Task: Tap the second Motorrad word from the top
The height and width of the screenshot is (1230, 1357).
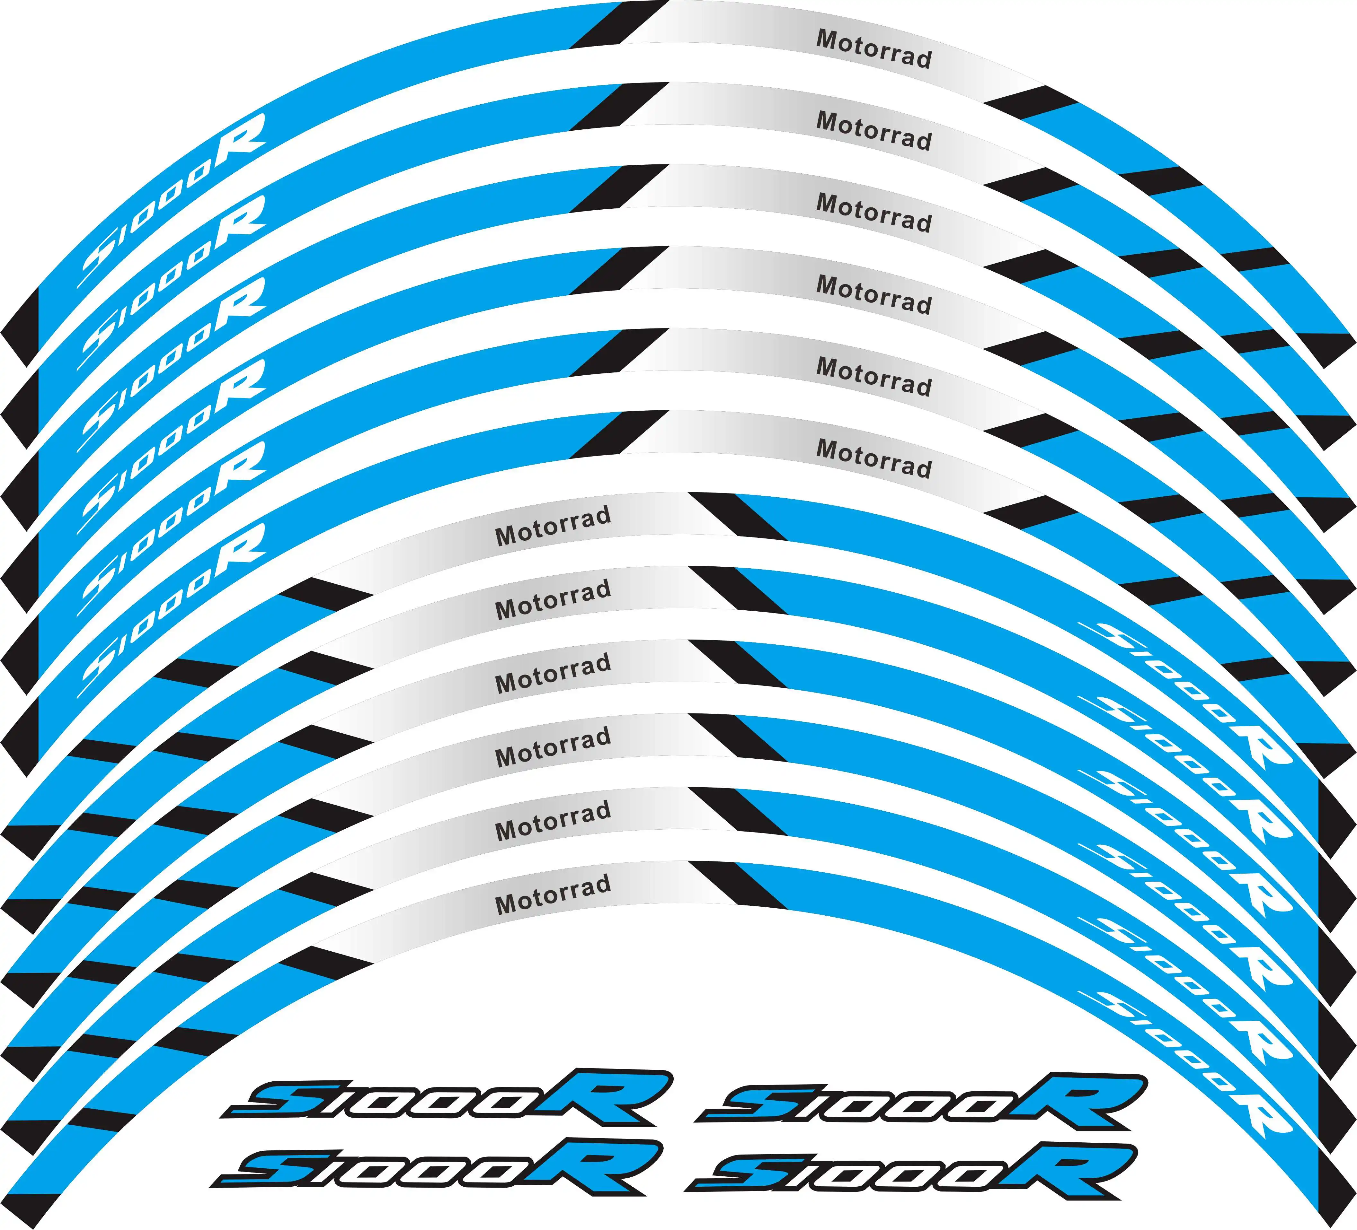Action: [x=874, y=131]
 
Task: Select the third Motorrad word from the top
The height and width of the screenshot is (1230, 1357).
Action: [x=874, y=213]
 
